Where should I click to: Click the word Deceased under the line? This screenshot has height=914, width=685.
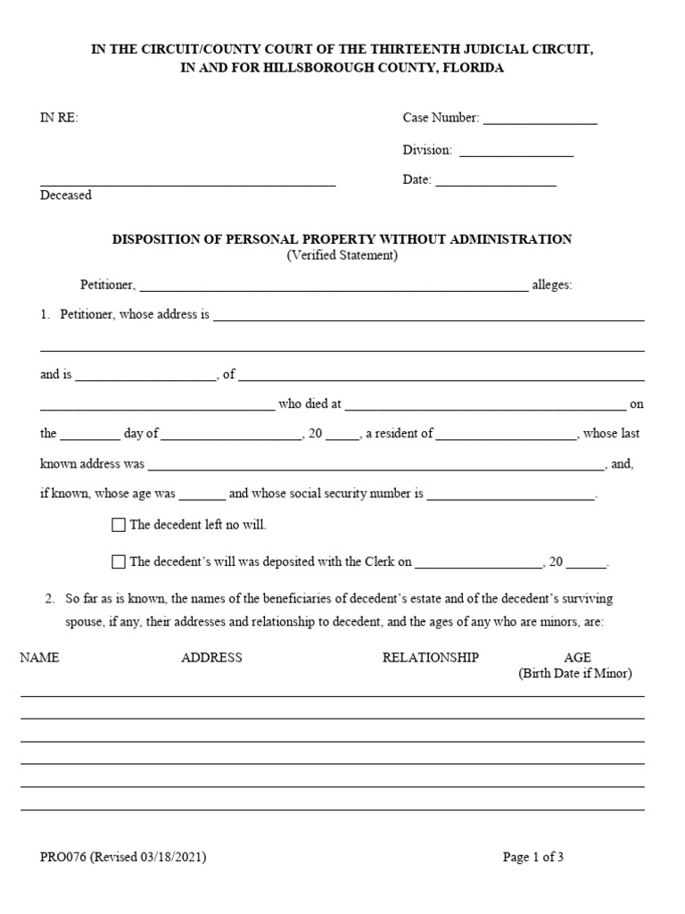click(66, 195)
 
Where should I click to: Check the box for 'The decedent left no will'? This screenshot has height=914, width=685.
click(119, 526)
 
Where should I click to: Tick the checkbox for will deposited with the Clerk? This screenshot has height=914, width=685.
click(119, 562)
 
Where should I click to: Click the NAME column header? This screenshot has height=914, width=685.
click(39, 658)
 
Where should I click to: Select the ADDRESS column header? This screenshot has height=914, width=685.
click(211, 658)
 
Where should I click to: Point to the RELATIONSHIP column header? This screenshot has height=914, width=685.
click(431, 658)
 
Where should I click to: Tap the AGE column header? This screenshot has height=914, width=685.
click(577, 658)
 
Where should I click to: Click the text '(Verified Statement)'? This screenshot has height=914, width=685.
click(342, 255)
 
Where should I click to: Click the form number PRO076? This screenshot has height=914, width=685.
click(63, 858)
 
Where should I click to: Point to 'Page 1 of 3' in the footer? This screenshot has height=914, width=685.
click(533, 858)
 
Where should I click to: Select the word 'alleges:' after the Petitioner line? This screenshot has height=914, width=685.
click(552, 286)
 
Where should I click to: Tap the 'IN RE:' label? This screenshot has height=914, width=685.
click(60, 119)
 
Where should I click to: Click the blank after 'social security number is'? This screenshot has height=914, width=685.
click(511, 495)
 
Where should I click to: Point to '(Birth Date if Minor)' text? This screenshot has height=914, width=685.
click(575, 674)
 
